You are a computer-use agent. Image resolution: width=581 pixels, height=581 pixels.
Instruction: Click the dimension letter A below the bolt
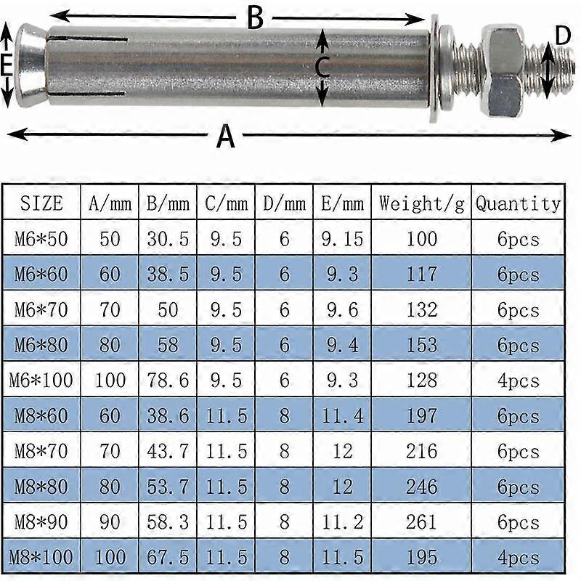[x=226, y=136]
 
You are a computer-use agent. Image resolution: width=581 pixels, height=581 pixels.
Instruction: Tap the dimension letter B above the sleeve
[x=253, y=17]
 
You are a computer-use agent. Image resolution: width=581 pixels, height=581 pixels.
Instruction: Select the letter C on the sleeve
[x=323, y=68]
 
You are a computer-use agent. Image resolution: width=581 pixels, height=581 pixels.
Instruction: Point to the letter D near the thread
[x=563, y=36]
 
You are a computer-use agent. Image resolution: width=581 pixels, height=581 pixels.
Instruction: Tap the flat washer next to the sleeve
[x=435, y=68]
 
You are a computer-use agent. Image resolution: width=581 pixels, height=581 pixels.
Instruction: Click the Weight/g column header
[x=420, y=203]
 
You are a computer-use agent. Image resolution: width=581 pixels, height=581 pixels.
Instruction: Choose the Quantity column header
[x=519, y=203]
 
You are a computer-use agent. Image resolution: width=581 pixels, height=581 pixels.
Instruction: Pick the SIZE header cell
[x=41, y=203]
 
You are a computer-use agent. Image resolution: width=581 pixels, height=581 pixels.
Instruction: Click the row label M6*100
[x=41, y=380]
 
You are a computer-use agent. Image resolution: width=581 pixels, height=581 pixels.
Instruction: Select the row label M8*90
[x=41, y=522]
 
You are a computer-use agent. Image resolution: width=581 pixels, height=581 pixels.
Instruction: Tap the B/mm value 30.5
[x=168, y=239]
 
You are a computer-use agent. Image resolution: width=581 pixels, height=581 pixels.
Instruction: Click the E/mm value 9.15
[x=341, y=239]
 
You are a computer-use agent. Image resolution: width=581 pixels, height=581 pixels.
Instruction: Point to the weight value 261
[x=420, y=522]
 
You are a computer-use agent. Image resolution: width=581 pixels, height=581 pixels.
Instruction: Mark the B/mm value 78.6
[x=168, y=380]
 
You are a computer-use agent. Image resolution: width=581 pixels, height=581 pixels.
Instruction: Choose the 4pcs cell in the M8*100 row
[x=519, y=558]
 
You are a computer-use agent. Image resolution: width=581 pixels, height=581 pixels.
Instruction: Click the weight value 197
[x=420, y=415]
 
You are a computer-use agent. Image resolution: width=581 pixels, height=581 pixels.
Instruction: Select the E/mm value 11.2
[x=341, y=522]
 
